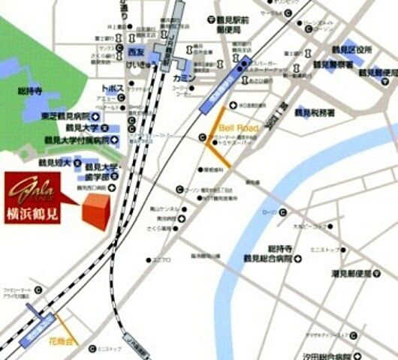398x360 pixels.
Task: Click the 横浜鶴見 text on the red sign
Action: tap(33, 210)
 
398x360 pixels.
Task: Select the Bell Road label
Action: tap(238, 129)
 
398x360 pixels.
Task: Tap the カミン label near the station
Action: tap(184, 78)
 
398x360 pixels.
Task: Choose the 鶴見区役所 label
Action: tap(351, 49)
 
